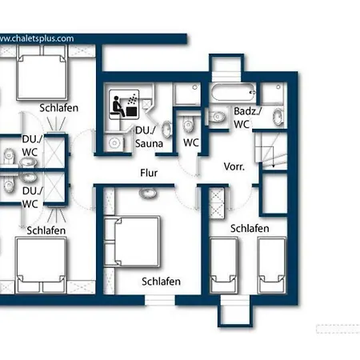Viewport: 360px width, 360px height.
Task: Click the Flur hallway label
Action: [149, 173]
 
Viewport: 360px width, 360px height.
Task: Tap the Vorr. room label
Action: [234, 166]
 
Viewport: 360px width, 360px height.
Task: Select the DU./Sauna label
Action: [149, 137]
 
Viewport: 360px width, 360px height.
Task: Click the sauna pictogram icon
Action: [124, 105]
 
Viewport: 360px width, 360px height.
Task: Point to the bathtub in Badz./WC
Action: [233, 92]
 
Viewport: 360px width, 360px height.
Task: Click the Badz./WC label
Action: [247, 118]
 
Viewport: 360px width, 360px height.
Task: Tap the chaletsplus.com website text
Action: [37, 38]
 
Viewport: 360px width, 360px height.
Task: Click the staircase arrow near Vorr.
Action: [274, 157]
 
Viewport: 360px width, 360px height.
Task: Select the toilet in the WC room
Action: [188, 124]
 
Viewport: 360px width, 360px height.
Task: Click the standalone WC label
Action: [191, 142]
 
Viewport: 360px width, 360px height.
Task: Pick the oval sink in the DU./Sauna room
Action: [167, 130]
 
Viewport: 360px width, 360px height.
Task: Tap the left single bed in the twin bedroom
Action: [223, 266]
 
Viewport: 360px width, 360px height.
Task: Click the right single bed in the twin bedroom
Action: [272, 266]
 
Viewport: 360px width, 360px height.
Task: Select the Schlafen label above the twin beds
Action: [250, 229]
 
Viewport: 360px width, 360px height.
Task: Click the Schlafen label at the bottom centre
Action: [161, 282]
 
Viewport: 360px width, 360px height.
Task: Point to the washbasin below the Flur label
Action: [148, 193]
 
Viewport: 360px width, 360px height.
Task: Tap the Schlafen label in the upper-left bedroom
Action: [59, 108]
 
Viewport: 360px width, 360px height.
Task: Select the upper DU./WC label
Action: [32, 146]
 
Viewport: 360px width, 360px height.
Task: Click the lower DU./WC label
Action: [32, 198]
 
